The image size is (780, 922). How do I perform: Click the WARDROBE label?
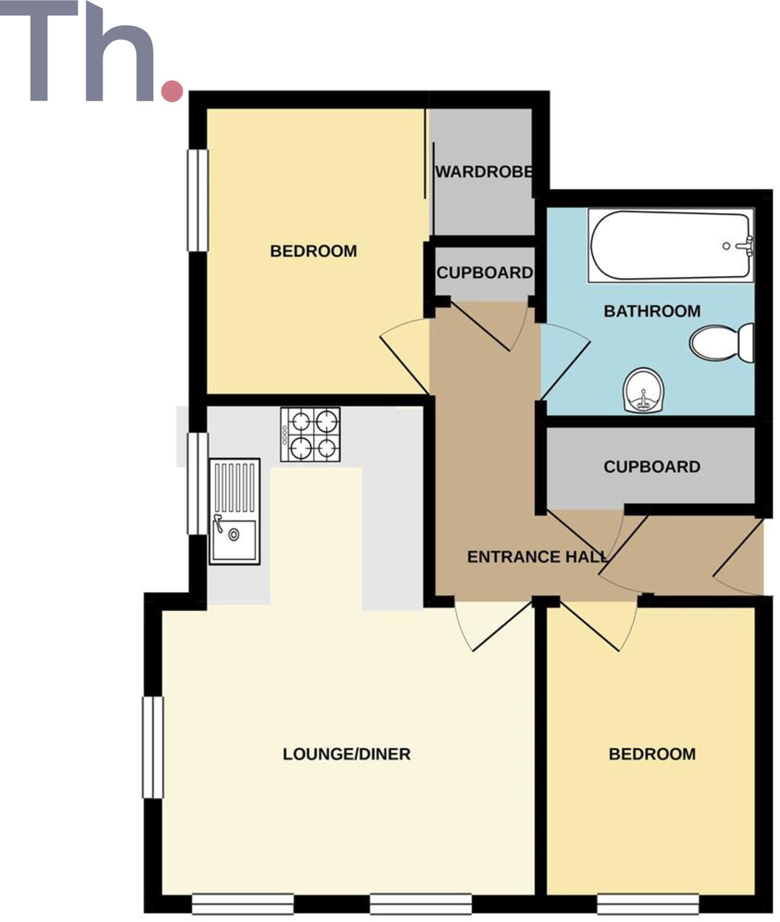[484, 172]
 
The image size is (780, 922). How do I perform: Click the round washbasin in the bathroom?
[643, 391]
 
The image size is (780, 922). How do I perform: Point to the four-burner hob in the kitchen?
[310, 434]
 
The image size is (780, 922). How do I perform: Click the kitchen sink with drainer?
[234, 511]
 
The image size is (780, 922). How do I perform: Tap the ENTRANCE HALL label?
[537, 557]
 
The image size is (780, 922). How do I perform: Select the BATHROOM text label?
[652, 311]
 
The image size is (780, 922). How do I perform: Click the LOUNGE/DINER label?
[347, 754]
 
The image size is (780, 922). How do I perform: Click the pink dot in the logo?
[172, 90]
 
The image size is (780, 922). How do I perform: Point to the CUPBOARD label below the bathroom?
[652, 467]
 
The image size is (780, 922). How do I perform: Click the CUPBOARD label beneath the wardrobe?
[484, 273]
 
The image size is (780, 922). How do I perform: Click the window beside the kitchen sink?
[198, 483]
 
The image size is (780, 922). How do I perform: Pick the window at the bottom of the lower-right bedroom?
[648, 904]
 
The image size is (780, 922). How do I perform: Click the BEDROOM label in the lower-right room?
[652, 754]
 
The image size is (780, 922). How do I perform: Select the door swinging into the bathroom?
[566, 360]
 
